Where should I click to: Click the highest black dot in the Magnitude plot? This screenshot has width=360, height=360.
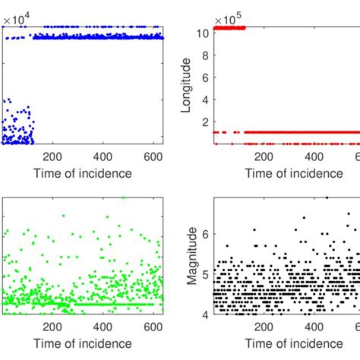327,197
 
